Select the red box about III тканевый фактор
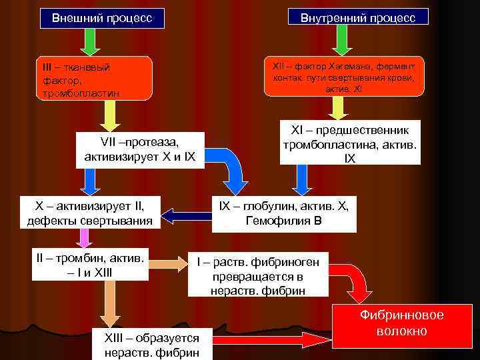[x=94, y=79]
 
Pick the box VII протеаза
[x=139, y=149]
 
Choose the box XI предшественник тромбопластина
[x=350, y=143]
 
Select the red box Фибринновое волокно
[x=401, y=323]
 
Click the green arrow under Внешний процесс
[x=91, y=42]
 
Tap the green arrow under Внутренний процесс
[x=341, y=42]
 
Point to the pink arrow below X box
[x=84, y=237]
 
